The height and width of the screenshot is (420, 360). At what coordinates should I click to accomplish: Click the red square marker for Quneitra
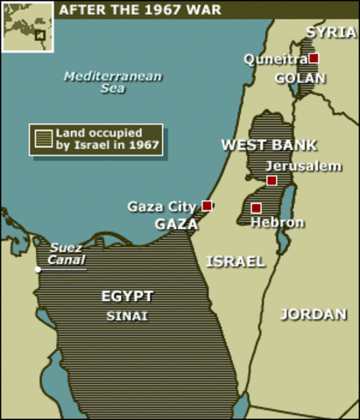coord(314,58)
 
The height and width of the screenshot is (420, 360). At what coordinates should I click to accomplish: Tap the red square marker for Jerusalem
coord(272,180)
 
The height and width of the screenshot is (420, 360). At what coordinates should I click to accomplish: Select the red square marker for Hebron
coord(256,208)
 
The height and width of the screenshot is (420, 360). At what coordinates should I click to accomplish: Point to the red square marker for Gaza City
coord(207,206)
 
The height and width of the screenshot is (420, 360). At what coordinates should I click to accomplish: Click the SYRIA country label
coord(325,32)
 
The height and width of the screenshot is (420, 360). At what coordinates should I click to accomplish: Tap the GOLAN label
coord(300,78)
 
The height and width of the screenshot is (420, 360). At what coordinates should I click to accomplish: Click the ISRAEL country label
coord(235,261)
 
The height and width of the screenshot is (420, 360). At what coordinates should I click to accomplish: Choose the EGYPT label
coord(126,296)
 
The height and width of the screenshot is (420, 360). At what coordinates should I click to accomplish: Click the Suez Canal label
coord(67,253)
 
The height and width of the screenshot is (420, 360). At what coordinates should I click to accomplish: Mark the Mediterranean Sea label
coord(113,83)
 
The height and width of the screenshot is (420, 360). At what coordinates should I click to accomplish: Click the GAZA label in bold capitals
coord(176,224)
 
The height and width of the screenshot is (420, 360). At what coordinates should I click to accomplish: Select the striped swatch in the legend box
coord(43,138)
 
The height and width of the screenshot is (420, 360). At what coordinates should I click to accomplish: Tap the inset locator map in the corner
coord(26,27)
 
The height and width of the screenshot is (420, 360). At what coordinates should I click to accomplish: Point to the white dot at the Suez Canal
coord(39,269)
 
